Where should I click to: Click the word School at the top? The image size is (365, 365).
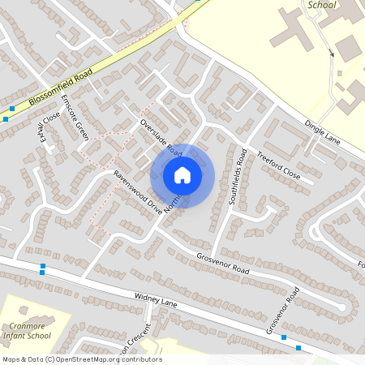pos(321,5)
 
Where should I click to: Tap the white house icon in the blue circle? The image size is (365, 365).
pos(182,175)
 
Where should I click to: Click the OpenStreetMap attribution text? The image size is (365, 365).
pos(82,359)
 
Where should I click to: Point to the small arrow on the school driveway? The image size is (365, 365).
pos(332,54)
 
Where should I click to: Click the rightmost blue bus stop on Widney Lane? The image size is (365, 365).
pos(298,348)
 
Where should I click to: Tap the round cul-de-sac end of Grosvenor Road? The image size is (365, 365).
pos(349,303)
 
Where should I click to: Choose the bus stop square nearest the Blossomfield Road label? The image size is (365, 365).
pos(12,108)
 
